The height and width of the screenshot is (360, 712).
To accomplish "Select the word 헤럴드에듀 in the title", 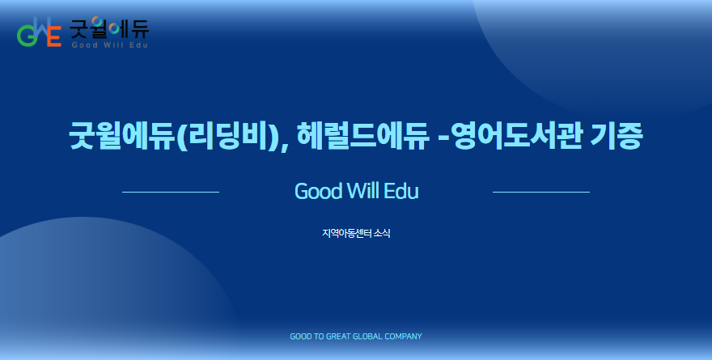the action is click(362, 135).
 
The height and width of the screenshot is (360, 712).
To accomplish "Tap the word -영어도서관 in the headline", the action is click(511, 136).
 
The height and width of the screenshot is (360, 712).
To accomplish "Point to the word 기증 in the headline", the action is click(617, 136).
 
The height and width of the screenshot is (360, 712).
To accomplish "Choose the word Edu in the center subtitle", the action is click(401, 191).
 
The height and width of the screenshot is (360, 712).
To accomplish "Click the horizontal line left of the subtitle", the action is click(171, 192).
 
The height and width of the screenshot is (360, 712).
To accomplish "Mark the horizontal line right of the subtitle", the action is click(541, 192).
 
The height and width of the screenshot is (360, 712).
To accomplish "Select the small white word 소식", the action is click(382, 233).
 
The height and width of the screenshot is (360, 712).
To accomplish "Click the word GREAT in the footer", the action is click(339, 337).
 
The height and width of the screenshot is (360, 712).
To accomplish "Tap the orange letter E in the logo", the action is click(54, 36).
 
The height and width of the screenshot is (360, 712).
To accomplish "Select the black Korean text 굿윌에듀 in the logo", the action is click(109, 28).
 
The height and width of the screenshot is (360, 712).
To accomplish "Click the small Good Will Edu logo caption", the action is click(109, 45).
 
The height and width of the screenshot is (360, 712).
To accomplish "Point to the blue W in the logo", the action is click(41, 28).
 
